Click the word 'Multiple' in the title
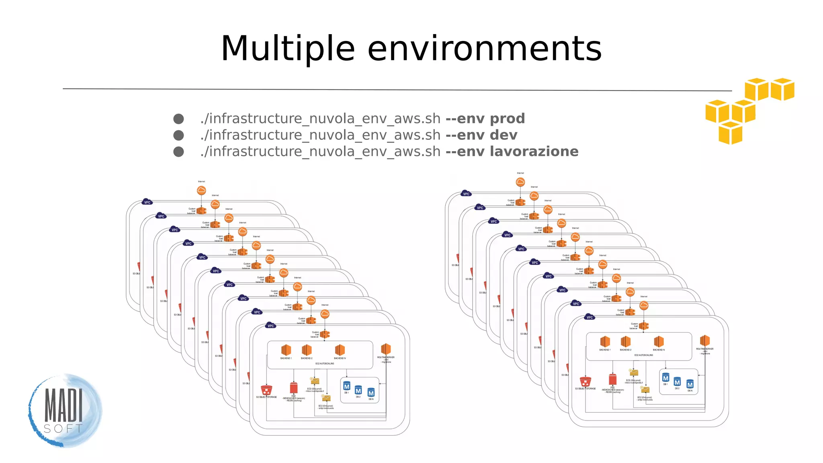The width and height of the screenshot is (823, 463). click(288, 49)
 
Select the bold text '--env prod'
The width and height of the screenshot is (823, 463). click(485, 119)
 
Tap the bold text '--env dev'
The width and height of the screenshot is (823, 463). click(481, 135)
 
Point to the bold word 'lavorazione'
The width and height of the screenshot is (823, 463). click(534, 152)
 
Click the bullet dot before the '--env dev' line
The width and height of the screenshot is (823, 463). click(178, 135)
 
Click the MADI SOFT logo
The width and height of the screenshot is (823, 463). click(64, 410)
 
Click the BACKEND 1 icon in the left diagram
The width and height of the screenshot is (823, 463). click(286, 350)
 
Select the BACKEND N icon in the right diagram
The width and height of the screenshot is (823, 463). click(659, 342)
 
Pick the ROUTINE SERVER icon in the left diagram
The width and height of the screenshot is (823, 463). click(386, 349)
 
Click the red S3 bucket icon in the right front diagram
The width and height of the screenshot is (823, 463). click(586, 381)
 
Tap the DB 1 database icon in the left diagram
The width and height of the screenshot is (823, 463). click(347, 386)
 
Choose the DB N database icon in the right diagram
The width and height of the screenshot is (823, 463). click(690, 384)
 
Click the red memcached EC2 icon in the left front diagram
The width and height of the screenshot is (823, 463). click(294, 388)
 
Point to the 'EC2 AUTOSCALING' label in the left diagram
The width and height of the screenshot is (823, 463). click(325, 364)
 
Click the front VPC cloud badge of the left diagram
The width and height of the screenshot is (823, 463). click(271, 326)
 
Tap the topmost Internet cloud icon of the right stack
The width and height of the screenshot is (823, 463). click(520, 182)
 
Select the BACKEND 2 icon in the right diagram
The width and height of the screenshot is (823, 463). click(625, 342)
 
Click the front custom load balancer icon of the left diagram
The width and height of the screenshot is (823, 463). click(325, 334)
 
